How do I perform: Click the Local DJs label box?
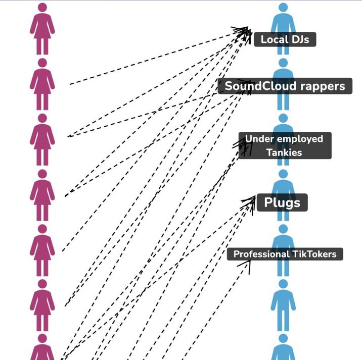(x=285, y=39)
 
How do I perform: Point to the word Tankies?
(x=284, y=152)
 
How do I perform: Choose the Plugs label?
(x=282, y=202)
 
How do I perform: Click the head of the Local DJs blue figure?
(x=283, y=7)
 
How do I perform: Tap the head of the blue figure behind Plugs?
(x=283, y=174)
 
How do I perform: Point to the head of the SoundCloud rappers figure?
(x=283, y=63)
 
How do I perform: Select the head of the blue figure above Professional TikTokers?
(x=283, y=229)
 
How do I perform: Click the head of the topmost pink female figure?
(x=42, y=7)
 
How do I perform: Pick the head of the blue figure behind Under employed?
(x=283, y=118)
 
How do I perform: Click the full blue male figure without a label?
(x=283, y=305)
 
